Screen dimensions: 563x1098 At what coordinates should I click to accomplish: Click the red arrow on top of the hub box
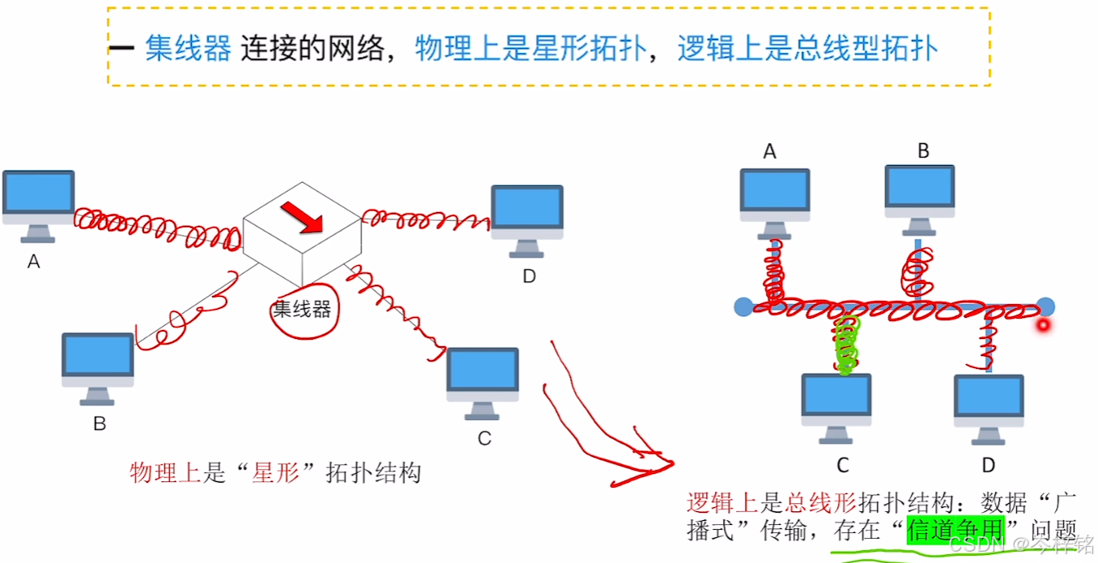click(x=301, y=217)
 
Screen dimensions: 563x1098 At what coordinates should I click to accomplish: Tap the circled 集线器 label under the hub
click(x=302, y=308)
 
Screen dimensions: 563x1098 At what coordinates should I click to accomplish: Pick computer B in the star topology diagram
click(x=98, y=367)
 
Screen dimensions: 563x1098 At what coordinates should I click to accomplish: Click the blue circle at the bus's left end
click(x=743, y=307)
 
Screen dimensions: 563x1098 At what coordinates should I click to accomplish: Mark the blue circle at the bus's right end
click(x=1045, y=307)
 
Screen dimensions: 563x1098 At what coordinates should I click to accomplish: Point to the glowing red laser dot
click(x=1044, y=325)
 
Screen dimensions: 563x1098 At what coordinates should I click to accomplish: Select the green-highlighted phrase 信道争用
click(x=955, y=530)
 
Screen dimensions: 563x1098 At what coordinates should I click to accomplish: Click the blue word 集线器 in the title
click(x=189, y=49)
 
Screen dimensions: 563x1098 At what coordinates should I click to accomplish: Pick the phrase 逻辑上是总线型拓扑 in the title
click(x=807, y=49)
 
